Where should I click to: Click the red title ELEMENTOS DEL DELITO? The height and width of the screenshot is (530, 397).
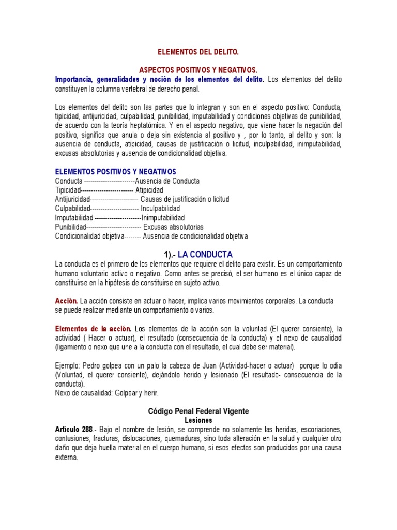click(198, 52)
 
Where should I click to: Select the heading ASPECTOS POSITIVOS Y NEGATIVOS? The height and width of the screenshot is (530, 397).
click(198, 69)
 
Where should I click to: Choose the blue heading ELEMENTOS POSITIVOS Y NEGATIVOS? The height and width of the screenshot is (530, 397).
click(116, 172)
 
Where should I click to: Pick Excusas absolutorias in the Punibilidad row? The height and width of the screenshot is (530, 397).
click(173, 227)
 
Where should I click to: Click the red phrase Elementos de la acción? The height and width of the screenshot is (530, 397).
click(94, 329)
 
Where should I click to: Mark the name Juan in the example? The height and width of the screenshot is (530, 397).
click(192, 365)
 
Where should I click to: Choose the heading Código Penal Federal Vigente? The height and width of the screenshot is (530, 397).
click(198, 411)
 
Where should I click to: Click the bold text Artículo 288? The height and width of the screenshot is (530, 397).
click(74, 430)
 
